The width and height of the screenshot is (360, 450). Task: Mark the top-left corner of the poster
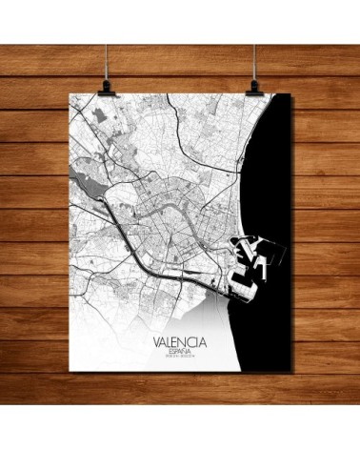point(72,94)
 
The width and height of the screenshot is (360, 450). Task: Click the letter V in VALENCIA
point(155,337)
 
